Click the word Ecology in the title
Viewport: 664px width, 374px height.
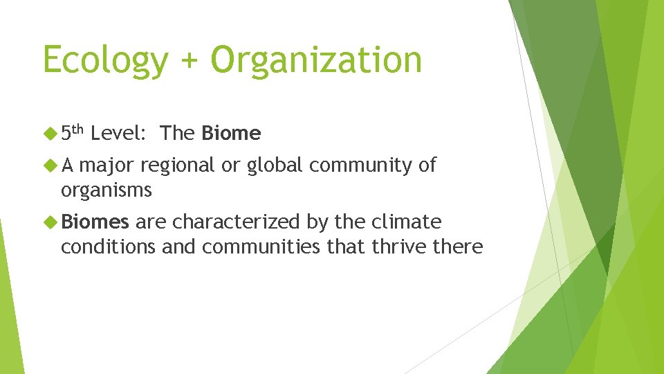coord(104,60)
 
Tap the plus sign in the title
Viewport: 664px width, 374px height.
coord(189,61)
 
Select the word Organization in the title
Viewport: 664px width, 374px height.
coord(316,60)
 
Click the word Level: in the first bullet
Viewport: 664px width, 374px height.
coord(118,133)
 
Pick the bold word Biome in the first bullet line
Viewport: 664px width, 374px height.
coord(231,133)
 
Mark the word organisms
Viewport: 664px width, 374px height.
coord(106,190)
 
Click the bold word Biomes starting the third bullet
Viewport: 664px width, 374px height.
coord(95,222)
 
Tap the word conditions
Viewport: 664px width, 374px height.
coord(108,247)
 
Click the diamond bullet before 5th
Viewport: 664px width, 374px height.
coord(50,133)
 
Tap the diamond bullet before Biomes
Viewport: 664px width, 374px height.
coord(50,222)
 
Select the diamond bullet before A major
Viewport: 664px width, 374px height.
coord(50,165)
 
